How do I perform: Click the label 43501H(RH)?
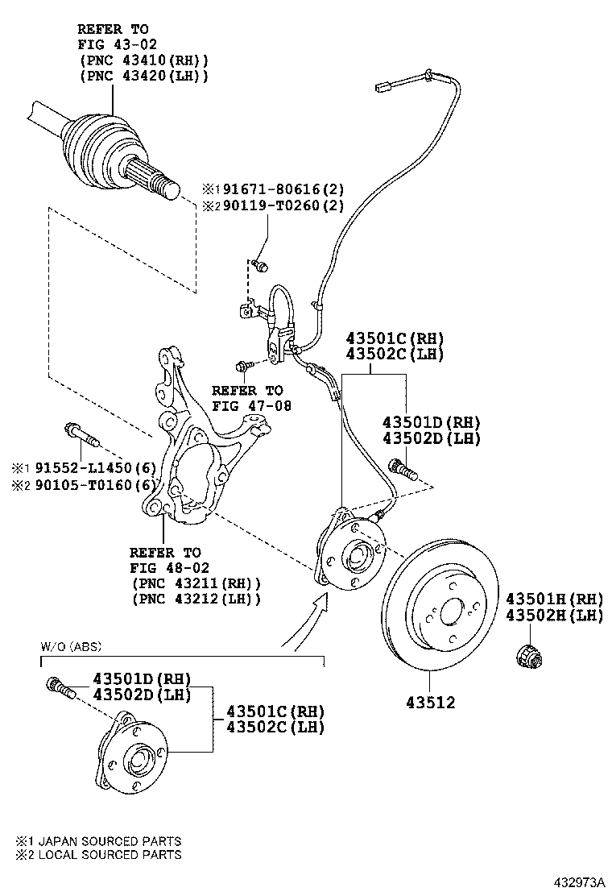click(x=554, y=599)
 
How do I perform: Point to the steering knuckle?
click(x=193, y=451)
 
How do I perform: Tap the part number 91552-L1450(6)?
click(x=94, y=468)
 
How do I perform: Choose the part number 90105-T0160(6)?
click(x=94, y=484)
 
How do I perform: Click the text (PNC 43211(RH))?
click(x=197, y=583)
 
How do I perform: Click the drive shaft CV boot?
click(x=105, y=145)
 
